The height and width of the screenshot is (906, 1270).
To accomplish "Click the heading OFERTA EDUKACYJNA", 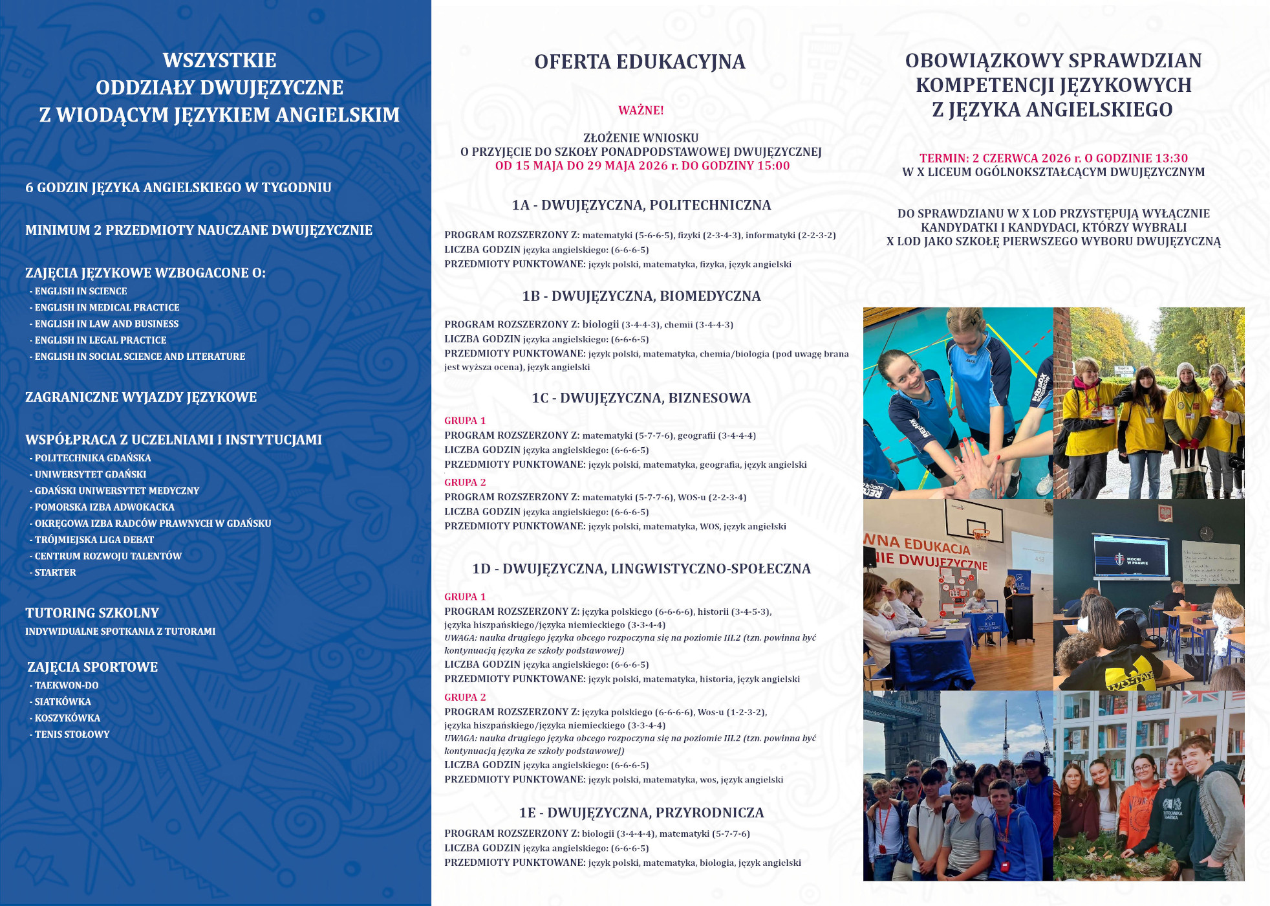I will pos(640,62).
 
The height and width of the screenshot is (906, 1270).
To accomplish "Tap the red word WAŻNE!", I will pos(641,111).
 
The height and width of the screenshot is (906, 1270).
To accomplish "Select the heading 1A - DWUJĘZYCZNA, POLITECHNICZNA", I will pos(641,205).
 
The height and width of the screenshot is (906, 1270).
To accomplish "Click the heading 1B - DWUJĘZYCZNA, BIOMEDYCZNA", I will pos(641,296).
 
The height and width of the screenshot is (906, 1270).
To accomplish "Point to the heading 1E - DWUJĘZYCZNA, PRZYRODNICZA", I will pos(641,813).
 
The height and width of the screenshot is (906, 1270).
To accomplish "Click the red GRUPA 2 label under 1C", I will pos(465,483).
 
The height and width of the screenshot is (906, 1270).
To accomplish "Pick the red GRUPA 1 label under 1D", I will pos(465,597).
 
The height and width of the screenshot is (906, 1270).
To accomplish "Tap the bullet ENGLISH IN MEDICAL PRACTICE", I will pos(107,307).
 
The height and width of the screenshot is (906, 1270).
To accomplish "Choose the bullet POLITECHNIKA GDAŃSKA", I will pos(92,458).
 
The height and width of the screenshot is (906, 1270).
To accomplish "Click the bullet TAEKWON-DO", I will pos(67,685).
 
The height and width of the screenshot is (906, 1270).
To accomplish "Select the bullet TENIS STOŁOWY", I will pos(72,735).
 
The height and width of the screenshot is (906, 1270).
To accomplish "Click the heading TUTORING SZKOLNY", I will pos(92,613).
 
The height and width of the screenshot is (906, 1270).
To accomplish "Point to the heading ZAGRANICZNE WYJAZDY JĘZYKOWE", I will pos(141,397).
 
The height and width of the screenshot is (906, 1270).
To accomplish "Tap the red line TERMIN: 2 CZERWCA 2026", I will pos(1053,158).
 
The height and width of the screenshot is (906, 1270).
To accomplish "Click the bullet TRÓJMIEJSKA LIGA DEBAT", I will pos(94,540).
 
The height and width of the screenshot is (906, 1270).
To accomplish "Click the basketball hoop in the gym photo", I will pos(980,534).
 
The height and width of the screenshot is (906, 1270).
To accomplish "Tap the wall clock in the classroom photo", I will pos(1205,533).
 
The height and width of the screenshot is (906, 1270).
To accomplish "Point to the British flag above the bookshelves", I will pos(1200,697).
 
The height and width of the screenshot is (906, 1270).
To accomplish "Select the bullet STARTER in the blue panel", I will pos(55,573).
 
